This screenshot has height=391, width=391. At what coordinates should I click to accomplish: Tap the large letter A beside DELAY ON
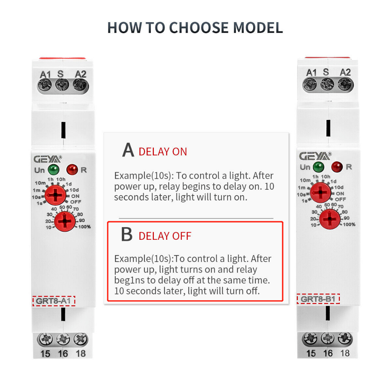pos(128,150)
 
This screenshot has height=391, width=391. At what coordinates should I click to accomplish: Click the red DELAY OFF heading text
pos(165,236)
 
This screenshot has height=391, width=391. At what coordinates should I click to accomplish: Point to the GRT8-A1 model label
pos(53,301)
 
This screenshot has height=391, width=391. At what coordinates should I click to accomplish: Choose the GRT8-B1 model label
pos(318,299)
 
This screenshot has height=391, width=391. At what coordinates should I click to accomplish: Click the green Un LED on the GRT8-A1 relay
pos(53,170)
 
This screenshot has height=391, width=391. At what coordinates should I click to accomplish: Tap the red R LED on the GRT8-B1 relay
pos(337,167)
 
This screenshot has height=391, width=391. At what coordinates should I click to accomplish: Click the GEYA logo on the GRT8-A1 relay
pos(47,159)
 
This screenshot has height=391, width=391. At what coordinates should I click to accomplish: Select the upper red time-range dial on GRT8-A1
pos(55,195)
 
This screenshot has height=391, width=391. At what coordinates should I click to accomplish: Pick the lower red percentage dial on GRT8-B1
pos(330,219)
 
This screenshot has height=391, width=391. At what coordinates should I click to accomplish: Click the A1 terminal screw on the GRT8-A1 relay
pos(45,85)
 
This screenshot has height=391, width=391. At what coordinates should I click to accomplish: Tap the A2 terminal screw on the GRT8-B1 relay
pos(345,84)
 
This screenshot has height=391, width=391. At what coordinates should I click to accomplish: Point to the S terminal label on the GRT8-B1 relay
pos(326,72)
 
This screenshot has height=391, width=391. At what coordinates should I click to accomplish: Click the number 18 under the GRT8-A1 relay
pos(81,353)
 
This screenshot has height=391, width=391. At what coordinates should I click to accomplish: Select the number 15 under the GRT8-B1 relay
pos(311,353)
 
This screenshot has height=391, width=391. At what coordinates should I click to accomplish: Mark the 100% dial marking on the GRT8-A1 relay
pos(84,227)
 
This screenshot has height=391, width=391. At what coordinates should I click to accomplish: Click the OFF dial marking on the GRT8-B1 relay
pos(340,199)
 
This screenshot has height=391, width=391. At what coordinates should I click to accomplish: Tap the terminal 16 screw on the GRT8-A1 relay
pos(63,339)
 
